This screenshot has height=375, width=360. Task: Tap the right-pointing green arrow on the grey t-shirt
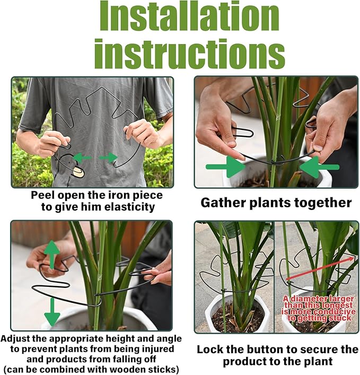click(x=108, y=157)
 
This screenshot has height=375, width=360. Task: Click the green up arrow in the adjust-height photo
click(x=51, y=254)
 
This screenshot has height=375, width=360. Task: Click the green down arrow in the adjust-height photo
click(x=51, y=313)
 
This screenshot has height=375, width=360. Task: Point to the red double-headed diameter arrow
click(x=321, y=267)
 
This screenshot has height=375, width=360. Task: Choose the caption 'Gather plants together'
click(x=276, y=203)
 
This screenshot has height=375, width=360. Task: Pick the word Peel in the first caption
click(x=42, y=195)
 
